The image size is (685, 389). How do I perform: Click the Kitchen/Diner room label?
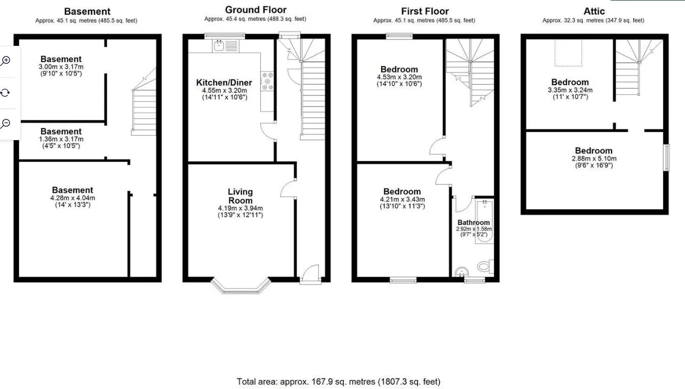[x=224, y=83]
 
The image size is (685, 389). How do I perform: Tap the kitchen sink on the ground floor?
[x=225, y=46]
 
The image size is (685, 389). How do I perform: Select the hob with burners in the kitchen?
[x=267, y=81]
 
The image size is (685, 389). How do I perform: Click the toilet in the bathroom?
[x=485, y=266]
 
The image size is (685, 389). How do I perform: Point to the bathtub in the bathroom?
[x=484, y=221]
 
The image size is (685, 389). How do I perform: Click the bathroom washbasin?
[x=462, y=271]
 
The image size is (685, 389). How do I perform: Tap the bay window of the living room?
[x=241, y=286]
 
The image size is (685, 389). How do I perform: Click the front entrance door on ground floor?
[x=310, y=274]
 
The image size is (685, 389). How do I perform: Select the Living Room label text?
[x=240, y=196]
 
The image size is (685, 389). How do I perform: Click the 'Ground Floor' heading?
[x=256, y=10]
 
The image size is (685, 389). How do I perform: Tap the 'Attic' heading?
[x=594, y=11]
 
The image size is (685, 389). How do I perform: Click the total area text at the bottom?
[x=339, y=382]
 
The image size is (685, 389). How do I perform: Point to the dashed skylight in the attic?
[x=568, y=53]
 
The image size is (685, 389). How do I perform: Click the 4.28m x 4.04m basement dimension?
[x=73, y=198]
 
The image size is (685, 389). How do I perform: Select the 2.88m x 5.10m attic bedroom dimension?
[x=594, y=159]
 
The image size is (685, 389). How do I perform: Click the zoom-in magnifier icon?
[x=5, y=61]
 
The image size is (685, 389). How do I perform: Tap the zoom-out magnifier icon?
[x=5, y=124]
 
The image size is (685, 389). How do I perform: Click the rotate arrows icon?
[x=5, y=92]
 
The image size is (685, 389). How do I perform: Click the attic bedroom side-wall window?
[x=666, y=158]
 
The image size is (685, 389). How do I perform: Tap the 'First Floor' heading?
[x=425, y=11]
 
